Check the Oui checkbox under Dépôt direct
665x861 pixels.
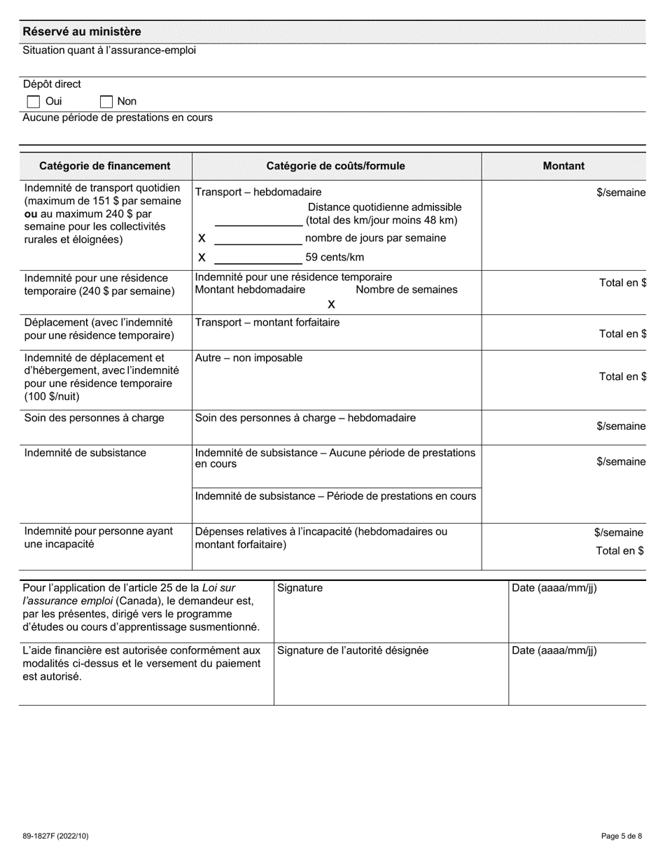[33, 101]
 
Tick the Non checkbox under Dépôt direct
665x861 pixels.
[106, 101]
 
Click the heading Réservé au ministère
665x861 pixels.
[81, 31]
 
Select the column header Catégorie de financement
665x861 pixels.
[104, 166]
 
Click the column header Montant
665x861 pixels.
[563, 166]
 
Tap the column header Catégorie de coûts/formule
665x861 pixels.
[335, 166]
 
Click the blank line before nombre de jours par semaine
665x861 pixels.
[258, 239]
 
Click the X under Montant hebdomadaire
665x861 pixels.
[331, 304]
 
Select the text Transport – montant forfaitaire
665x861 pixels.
[267, 323]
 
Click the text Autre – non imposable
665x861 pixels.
[248, 358]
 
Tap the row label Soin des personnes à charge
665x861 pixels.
[94, 418]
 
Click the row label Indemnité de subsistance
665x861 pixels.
[85, 453]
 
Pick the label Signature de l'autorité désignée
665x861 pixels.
[353, 650]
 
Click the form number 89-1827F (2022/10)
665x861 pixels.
[56, 836]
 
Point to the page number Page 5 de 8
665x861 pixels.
[622, 836]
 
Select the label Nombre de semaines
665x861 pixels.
[406, 289]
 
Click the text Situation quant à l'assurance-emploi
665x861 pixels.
[109, 50]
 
